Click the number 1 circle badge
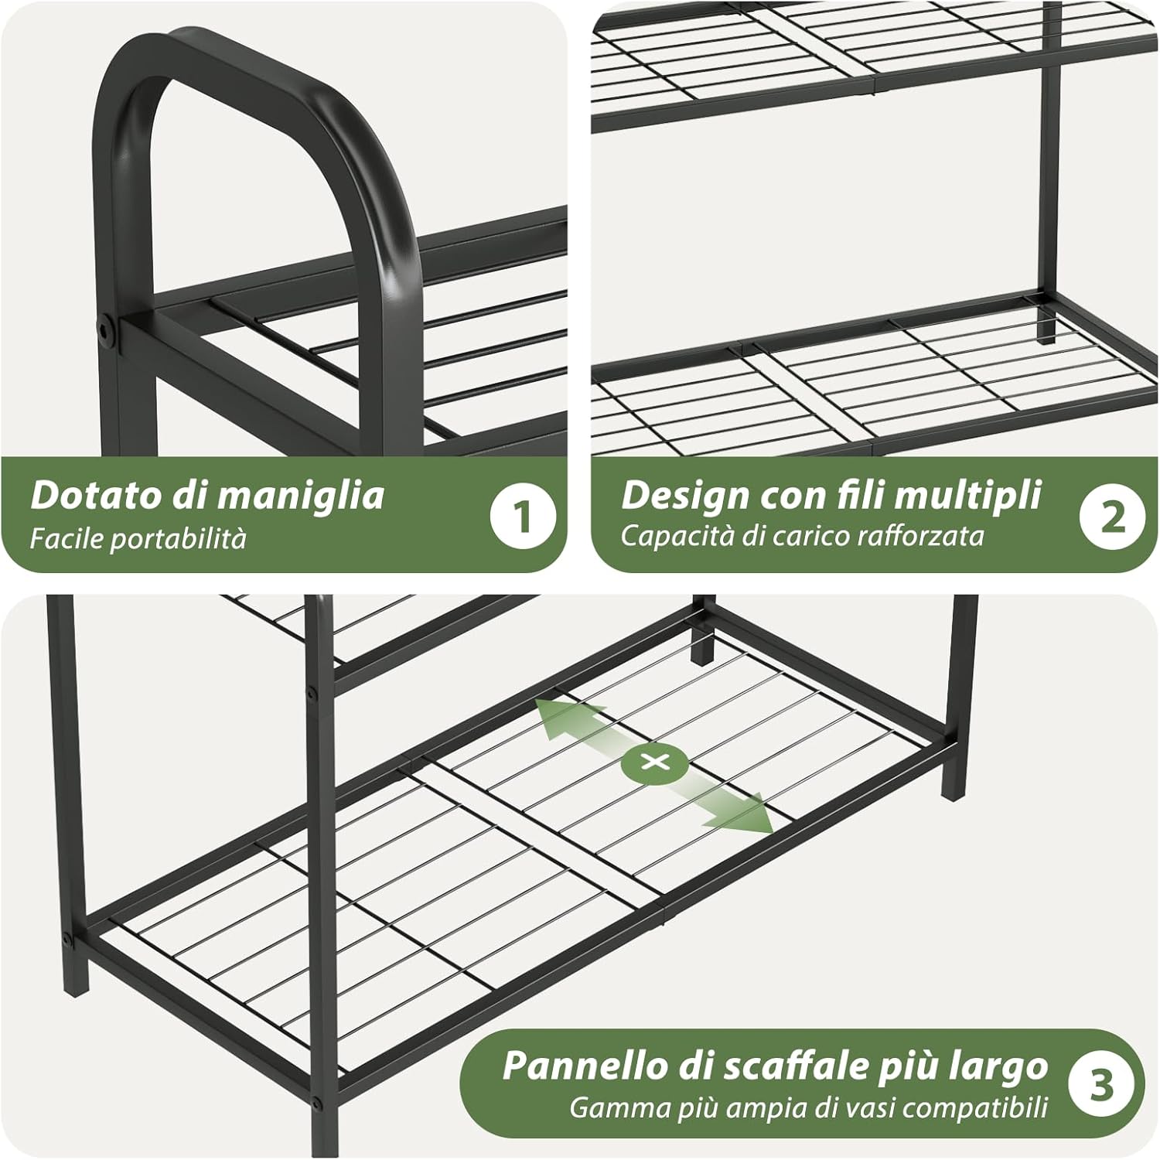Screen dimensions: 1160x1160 (x=524, y=516)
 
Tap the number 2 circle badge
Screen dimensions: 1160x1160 (x=1113, y=516)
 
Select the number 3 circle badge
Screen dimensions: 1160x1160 (x=1101, y=1083)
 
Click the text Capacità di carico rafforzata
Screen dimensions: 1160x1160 (x=802, y=536)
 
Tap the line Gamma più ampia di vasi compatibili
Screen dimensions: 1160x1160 (x=808, y=1107)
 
